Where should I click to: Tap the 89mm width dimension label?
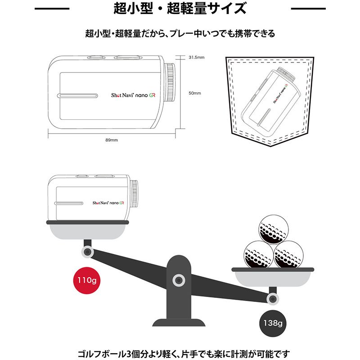[x=111, y=140]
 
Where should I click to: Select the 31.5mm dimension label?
[x=196, y=58]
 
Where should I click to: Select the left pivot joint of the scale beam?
[x=87, y=252]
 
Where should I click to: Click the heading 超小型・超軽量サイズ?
[x=180, y=9]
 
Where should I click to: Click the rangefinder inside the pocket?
[x=270, y=100]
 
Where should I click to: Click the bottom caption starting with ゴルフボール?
[x=180, y=352]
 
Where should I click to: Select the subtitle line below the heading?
[x=180, y=34]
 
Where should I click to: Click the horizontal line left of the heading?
[x=52, y=9]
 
